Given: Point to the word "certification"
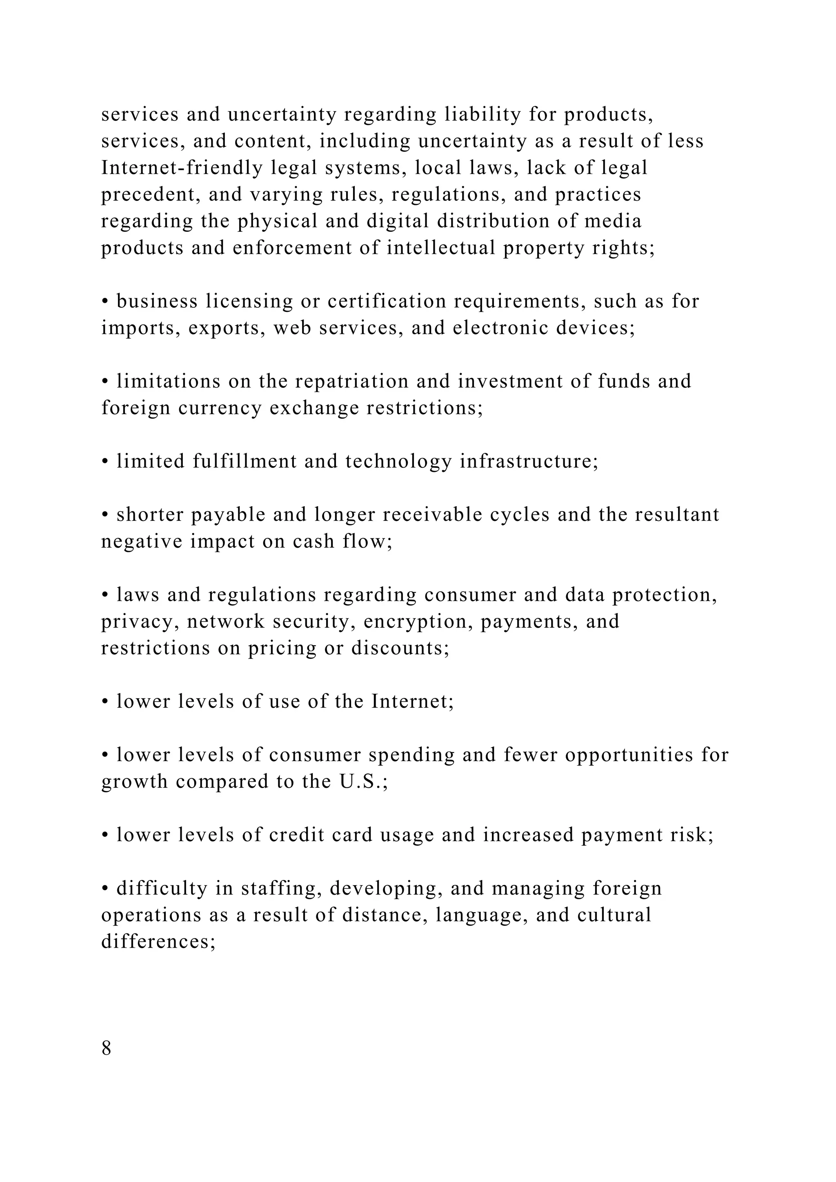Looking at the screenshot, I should click(387, 302).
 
